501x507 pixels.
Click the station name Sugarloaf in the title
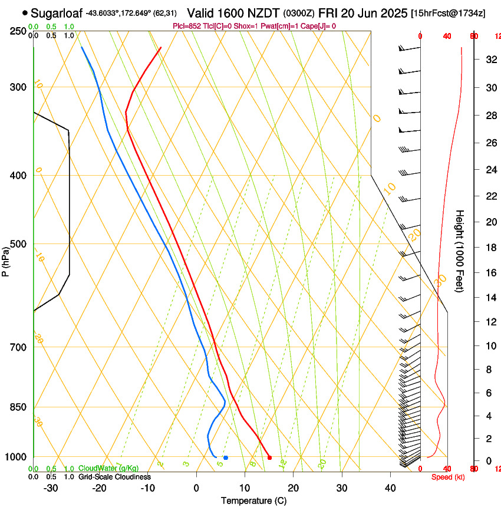coord(56,12)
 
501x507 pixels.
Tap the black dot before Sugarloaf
coord(25,12)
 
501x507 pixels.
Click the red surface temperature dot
coord(269,457)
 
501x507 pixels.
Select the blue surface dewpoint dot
coord(226,457)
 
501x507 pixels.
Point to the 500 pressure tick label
coord(18,244)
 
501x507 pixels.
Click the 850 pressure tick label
coord(18,407)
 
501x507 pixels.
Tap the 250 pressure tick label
coord(18,31)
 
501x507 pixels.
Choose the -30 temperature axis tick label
coord(51,488)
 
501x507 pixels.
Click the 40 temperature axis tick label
coord(390,488)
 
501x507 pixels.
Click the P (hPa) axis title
coord(5,260)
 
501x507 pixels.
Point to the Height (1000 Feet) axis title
coord(460,251)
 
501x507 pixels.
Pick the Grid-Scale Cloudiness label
coord(114,477)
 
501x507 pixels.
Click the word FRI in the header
coord(328,12)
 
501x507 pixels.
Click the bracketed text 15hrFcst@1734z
coord(448,13)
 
